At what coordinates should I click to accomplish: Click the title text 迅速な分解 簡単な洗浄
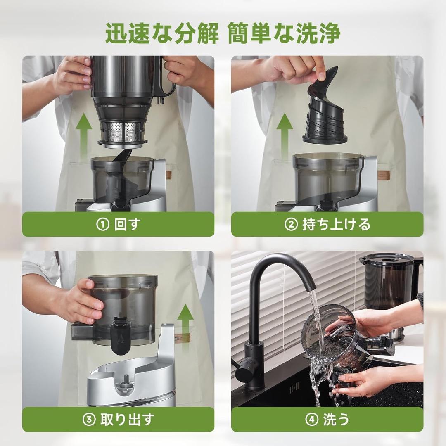point(223,34)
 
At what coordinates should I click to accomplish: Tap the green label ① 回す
point(118,224)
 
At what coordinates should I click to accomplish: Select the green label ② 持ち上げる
point(327,224)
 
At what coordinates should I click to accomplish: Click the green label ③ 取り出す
point(118,419)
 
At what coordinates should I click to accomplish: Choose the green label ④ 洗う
point(327,419)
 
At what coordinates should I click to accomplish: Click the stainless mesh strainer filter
point(122,131)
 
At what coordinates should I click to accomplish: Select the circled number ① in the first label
point(102,224)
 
